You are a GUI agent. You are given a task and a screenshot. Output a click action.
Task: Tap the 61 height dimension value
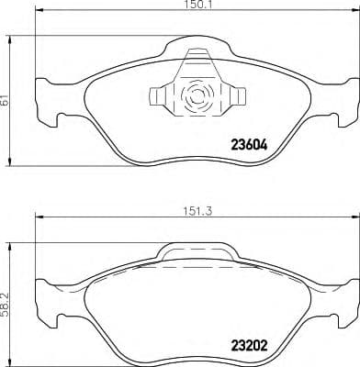6,101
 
